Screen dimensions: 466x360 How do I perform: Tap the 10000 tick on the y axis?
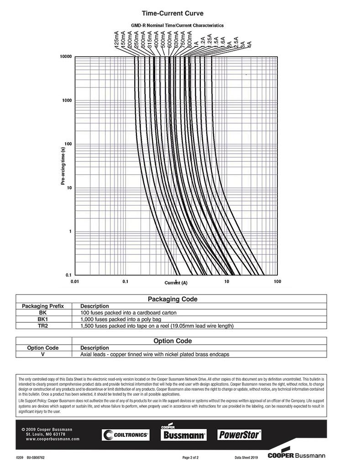[66, 57]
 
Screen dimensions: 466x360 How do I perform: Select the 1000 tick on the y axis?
[67, 100]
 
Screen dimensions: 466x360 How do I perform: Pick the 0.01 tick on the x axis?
[75, 282]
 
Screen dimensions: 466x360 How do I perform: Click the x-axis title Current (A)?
[176, 283]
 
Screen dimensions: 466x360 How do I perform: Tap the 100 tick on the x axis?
[277, 282]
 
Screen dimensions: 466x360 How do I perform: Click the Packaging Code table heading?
[172, 299]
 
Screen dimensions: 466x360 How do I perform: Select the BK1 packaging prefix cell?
[43, 319]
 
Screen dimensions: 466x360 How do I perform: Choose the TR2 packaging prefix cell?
[43, 326]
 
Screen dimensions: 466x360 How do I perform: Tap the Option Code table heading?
[172, 341]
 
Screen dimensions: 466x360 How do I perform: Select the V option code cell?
[43, 354]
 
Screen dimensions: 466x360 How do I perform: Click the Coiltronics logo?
[125, 435]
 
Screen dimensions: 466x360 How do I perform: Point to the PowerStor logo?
[239, 435]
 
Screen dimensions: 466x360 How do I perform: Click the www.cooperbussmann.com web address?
[51, 439]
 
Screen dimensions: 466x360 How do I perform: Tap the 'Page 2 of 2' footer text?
[190, 457]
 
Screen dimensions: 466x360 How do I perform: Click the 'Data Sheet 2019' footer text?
[246, 457]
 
